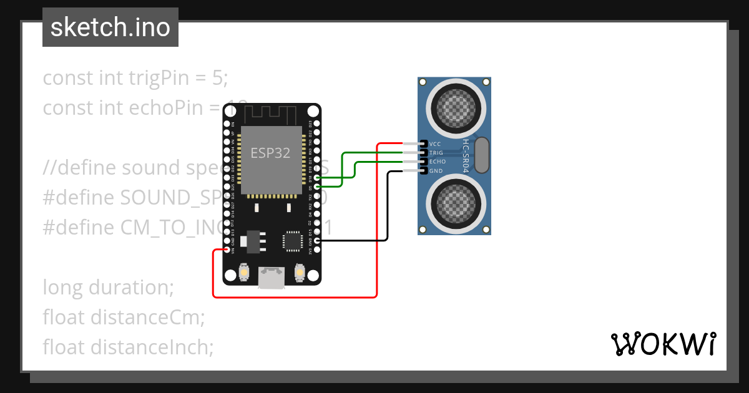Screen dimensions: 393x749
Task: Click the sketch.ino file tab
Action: pos(110,27)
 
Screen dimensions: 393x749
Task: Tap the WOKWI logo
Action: pos(663,344)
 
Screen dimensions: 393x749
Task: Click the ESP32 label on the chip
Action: pos(270,153)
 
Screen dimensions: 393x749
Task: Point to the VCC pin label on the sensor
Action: pos(436,143)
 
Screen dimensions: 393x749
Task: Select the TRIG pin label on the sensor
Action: pos(436,152)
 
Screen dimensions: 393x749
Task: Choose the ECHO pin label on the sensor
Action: pos(437,162)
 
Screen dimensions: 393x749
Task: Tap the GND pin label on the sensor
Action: pos(436,170)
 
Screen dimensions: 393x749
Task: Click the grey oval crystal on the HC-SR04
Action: pos(482,155)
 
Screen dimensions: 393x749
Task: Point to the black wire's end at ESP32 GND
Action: pos(318,240)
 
